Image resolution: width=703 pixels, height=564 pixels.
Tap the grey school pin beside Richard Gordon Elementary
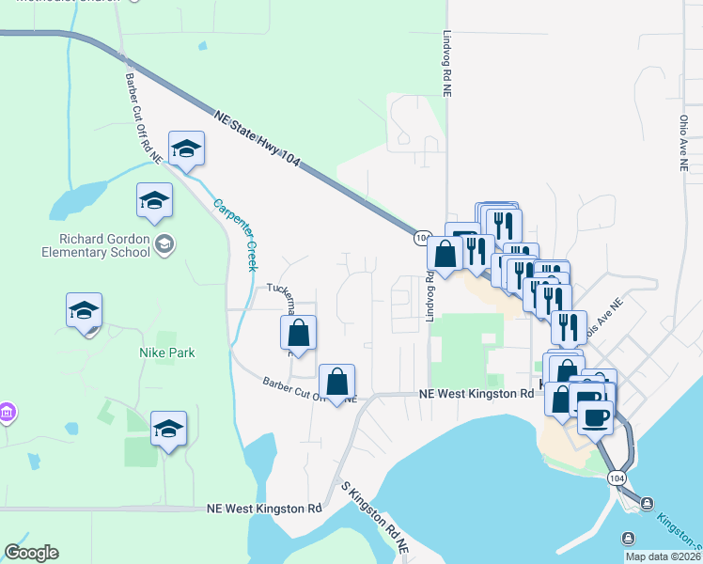click(x=164, y=245)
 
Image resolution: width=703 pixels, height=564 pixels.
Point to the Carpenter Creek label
click(x=234, y=234)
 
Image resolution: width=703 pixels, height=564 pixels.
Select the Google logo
click(x=31, y=553)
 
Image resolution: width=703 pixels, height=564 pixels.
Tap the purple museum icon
click(x=6, y=413)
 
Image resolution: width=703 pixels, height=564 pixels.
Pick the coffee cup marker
click(x=595, y=415)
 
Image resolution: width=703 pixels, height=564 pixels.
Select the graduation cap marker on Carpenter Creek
click(x=187, y=149)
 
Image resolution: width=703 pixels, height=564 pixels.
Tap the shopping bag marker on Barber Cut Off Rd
click(x=336, y=382)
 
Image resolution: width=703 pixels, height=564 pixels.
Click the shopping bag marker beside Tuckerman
click(x=298, y=333)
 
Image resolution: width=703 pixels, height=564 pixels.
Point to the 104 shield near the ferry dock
click(x=617, y=478)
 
